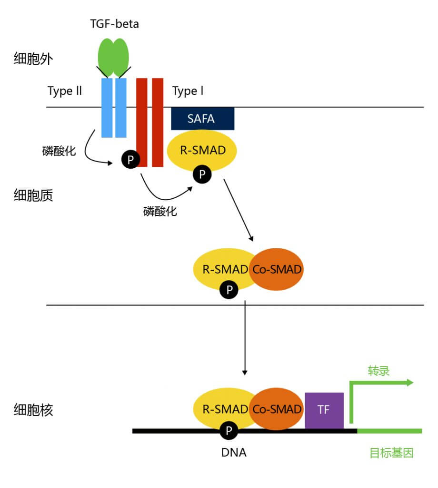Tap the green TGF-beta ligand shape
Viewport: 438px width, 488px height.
click(113, 56)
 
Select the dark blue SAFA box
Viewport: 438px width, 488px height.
click(202, 119)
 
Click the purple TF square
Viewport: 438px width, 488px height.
click(324, 410)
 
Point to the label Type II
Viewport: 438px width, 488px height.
click(65, 91)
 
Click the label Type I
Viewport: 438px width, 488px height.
click(188, 91)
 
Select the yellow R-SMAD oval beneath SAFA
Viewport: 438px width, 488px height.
click(202, 151)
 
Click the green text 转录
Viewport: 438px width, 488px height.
click(378, 371)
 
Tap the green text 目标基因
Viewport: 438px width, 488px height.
click(391, 453)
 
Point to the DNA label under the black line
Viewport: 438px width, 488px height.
click(234, 452)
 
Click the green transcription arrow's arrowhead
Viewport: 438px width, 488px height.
click(409, 382)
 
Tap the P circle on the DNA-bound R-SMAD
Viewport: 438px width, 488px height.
click(229, 431)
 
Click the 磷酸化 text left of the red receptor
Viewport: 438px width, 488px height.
click(59, 152)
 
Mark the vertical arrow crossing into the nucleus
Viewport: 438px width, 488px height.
click(244, 338)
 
